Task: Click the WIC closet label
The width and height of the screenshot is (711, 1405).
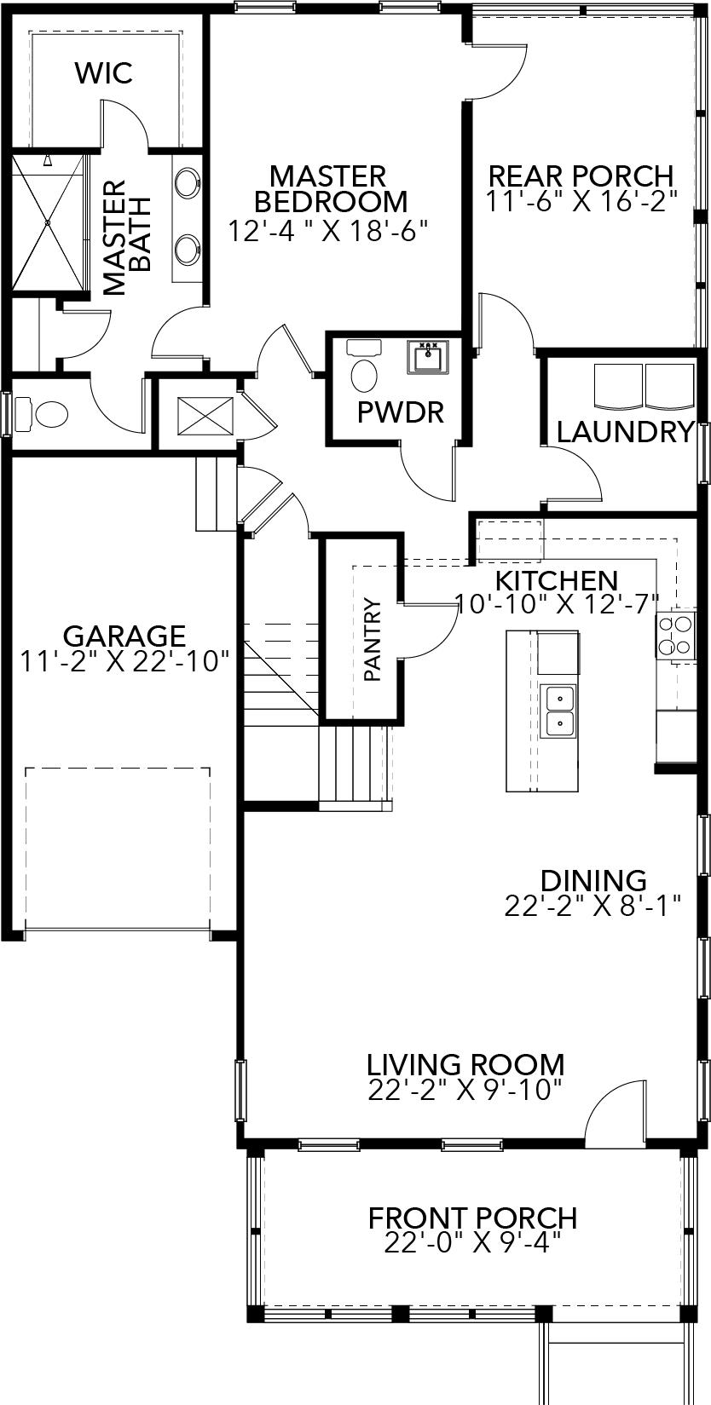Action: [x=104, y=73]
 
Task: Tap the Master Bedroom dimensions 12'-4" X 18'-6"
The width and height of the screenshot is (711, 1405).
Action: [x=327, y=230]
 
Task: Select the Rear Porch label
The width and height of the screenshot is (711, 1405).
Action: [x=581, y=176]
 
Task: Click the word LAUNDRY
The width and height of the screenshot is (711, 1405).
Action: [x=625, y=432]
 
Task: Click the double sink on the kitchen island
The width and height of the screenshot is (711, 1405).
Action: [x=558, y=711]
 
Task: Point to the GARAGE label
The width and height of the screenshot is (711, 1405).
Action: [x=124, y=636]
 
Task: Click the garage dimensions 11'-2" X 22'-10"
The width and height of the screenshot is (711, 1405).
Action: [x=124, y=660]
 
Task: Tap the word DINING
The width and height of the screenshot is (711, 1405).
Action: [x=593, y=880]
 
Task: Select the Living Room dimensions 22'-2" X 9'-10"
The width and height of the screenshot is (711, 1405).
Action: [x=465, y=1090]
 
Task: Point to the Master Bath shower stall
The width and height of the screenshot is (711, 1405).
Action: [x=49, y=222]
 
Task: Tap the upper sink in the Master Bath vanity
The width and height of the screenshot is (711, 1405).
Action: [x=188, y=181]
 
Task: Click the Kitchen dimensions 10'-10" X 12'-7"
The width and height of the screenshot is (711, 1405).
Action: [x=558, y=603]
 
